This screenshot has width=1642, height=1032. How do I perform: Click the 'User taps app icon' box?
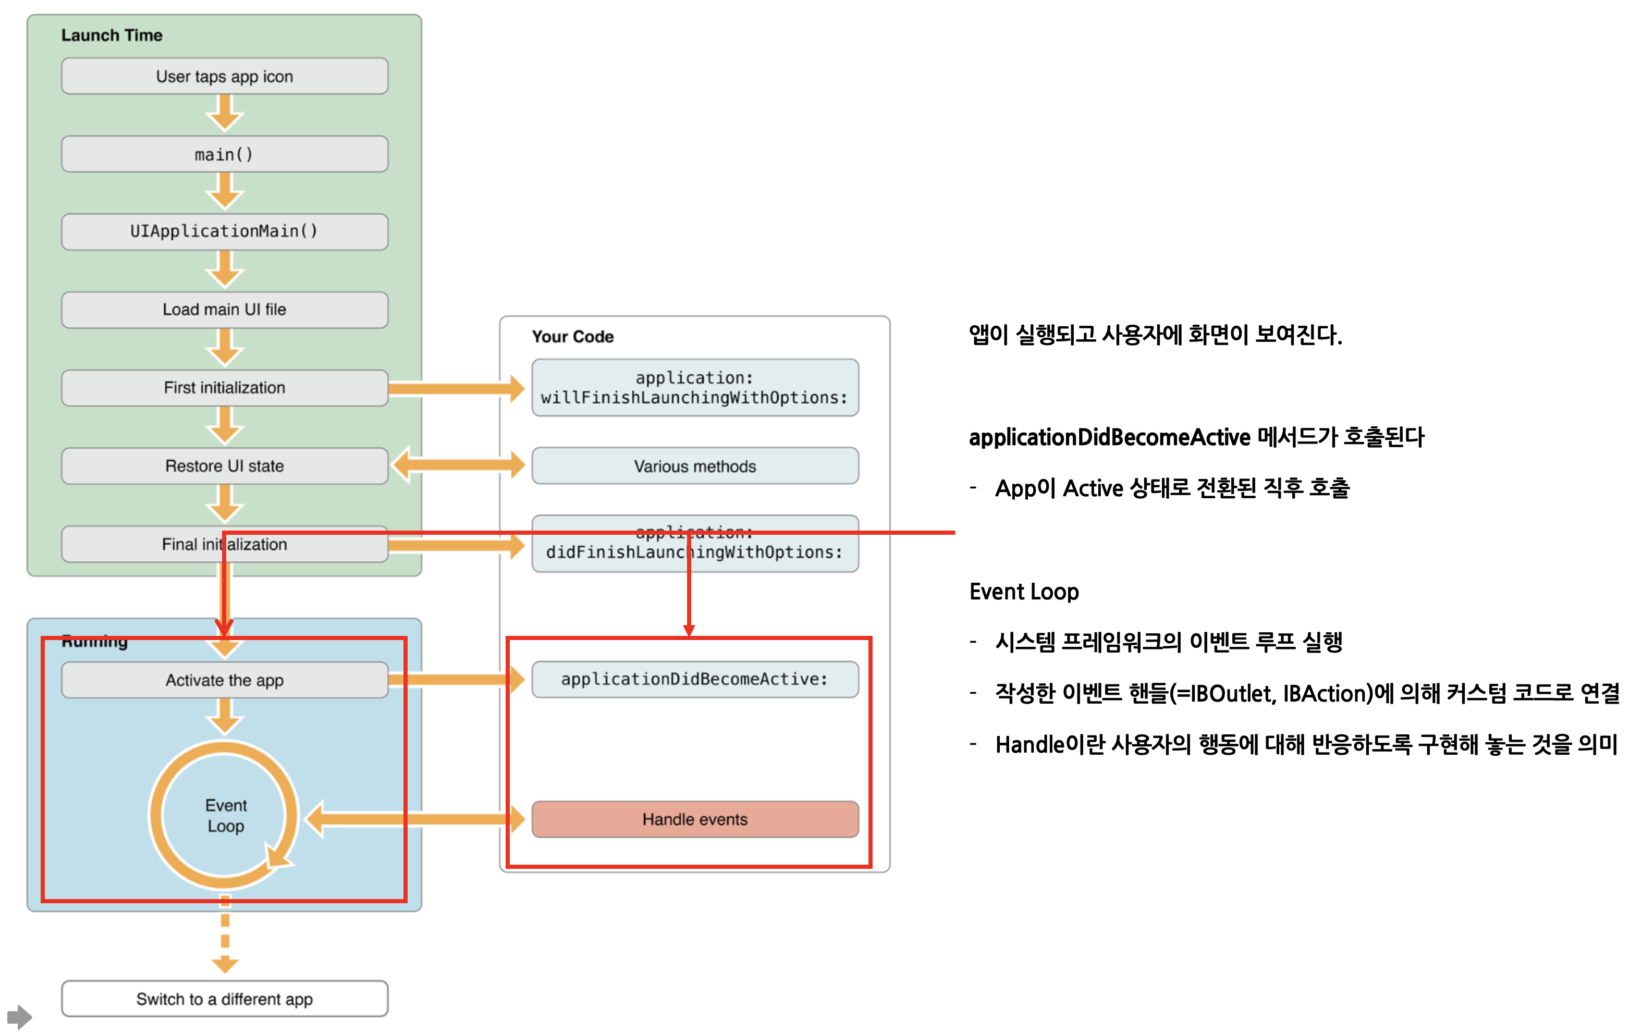point(224,76)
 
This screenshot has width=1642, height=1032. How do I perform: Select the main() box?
point(224,154)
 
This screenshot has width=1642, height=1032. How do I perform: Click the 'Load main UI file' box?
point(224,310)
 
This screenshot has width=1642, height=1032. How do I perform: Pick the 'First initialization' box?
point(224,388)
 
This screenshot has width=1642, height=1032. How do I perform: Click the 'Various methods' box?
point(694,466)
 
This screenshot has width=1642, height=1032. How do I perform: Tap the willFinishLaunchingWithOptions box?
point(694,388)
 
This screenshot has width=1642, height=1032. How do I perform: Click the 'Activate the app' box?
point(224,680)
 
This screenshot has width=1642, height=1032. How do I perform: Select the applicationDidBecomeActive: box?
point(694,680)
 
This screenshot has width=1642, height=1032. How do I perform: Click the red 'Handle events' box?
point(694,819)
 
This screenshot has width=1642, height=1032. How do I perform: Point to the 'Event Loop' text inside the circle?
point(226,816)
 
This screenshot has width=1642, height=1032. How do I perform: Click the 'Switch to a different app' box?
point(224,999)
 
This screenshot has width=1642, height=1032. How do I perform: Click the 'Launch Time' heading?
point(112,35)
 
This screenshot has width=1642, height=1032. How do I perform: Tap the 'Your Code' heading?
point(573,337)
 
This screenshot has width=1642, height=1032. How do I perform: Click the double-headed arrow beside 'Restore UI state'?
point(459,465)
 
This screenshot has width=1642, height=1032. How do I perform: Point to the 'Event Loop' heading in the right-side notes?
point(1024,592)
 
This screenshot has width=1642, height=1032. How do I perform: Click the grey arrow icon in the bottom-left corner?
point(20,1017)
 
